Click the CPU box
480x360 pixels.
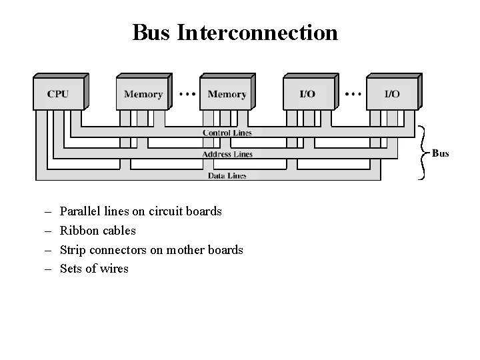click(59, 94)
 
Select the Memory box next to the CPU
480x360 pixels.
click(143, 94)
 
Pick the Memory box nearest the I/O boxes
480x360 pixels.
click(227, 94)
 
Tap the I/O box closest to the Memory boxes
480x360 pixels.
click(308, 94)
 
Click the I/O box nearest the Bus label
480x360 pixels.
click(392, 94)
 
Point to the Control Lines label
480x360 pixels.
click(227, 133)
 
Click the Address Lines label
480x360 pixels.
click(227, 154)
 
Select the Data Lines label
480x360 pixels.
click(227, 176)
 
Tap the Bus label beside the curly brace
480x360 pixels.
click(440, 153)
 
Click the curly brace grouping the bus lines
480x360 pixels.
click(421, 153)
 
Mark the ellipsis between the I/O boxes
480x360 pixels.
click(353, 94)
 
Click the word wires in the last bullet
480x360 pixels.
click(113, 269)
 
